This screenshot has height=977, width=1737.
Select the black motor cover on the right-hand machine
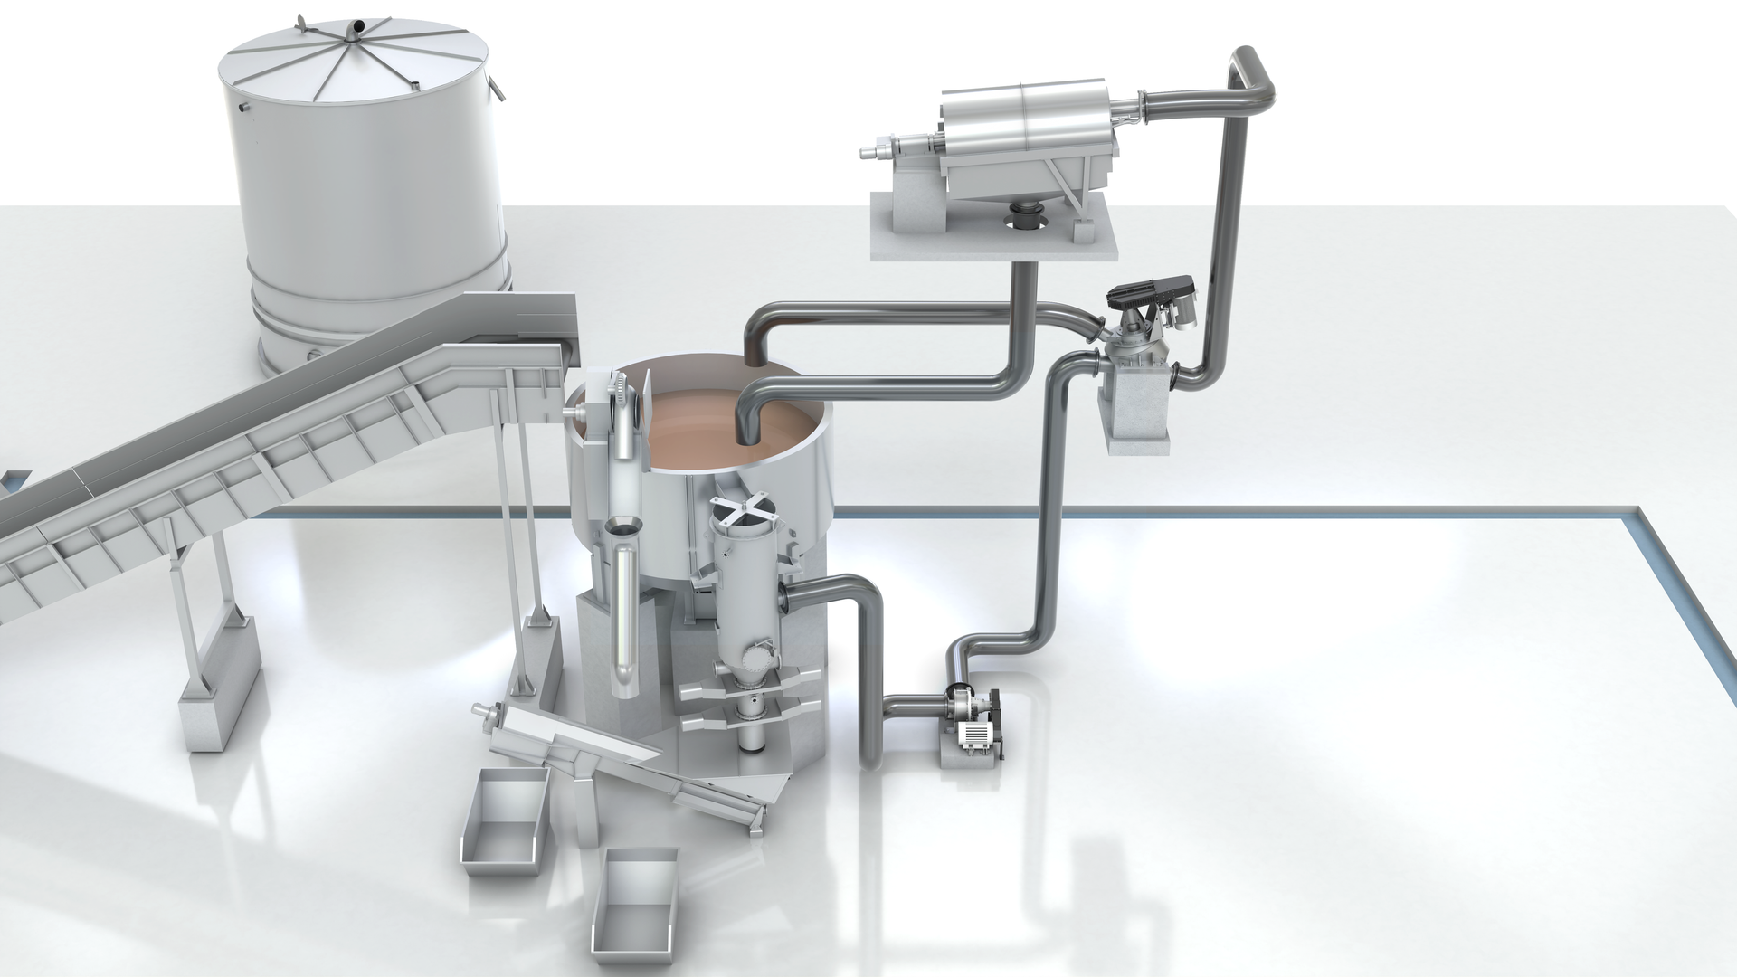pyautogui.click(x=1153, y=290)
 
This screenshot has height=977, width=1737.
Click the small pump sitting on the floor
pyautogui.click(x=973, y=724)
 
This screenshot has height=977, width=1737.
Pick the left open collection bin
pyautogui.click(x=505, y=823)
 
